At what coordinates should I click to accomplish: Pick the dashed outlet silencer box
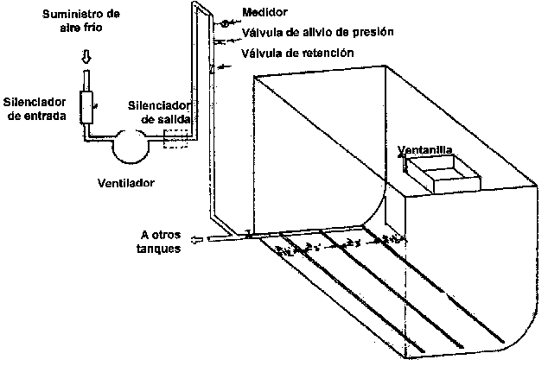pyautogui.click(x=178, y=139)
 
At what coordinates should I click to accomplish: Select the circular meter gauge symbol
pyautogui.click(x=223, y=24)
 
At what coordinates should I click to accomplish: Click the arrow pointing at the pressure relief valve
pyautogui.click(x=226, y=39)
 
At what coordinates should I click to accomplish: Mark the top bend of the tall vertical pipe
pyautogui.click(x=198, y=8)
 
